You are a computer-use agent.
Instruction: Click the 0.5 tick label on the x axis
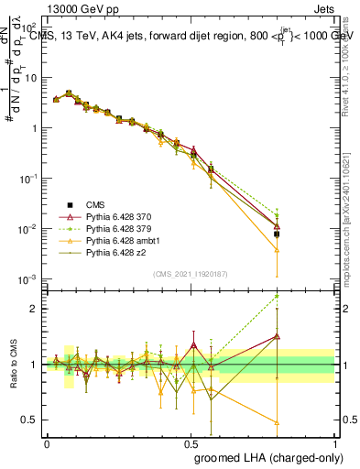tap(191, 442)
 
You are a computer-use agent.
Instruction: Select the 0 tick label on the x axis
tap(47, 442)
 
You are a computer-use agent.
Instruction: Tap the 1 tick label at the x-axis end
tap(335, 442)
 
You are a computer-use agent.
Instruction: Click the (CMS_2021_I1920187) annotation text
tap(191, 273)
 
